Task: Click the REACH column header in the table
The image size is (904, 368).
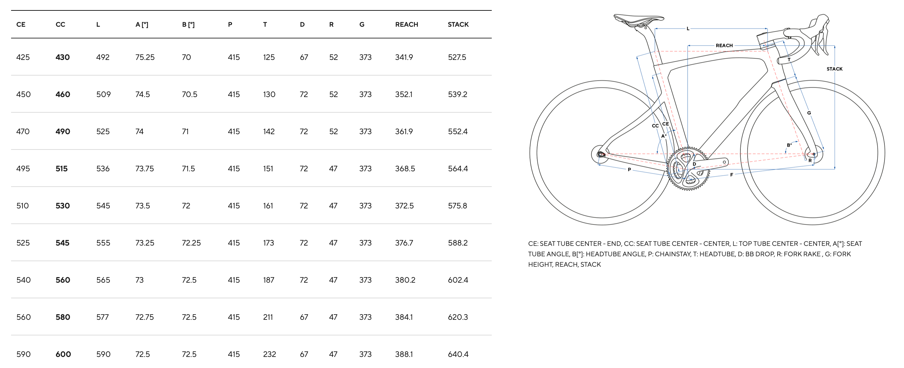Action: coord(406,24)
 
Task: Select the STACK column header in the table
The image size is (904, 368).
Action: coord(458,24)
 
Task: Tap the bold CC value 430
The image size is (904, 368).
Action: coord(63,57)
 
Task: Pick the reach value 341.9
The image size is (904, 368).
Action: coord(404,57)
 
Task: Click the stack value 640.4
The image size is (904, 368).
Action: coord(458,354)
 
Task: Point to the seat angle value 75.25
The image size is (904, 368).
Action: coord(145,57)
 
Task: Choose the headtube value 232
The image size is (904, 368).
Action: coord(270,354)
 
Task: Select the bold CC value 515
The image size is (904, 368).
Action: coord(61,169)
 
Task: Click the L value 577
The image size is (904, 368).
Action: coord(102,317)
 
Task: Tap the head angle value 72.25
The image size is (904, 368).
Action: coord(191,243)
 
